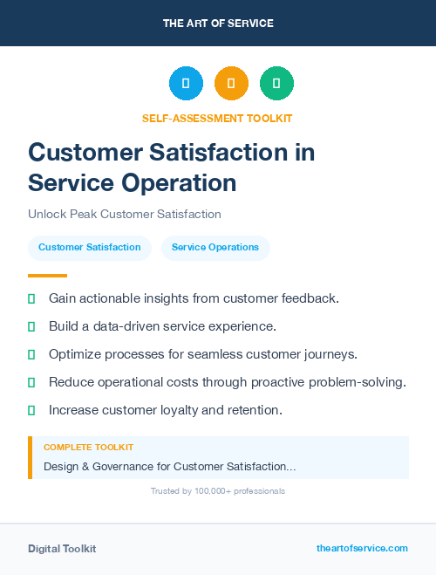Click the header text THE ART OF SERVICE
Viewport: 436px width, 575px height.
(218, 24)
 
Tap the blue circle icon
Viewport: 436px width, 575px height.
(186, 84)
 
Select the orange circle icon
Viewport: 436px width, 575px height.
(231, 84)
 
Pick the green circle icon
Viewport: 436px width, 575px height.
(276, 84)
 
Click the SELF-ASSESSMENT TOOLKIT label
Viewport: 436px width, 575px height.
(217, 118)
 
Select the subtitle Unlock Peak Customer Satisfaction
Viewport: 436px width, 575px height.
(125, 214)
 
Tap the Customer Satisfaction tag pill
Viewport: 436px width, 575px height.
(90, 248)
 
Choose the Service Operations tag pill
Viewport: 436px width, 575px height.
(215, 248)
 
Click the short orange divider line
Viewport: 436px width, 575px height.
(47, 275)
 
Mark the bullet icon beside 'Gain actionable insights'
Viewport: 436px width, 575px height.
(31, 298)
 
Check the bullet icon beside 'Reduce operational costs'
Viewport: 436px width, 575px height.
(31, 382)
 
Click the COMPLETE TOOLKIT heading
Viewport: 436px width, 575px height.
(88, 447)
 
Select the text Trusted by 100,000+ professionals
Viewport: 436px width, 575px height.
(217, 491)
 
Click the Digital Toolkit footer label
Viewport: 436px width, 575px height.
(62, 549)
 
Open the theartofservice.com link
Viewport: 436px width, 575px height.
(362, 548)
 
